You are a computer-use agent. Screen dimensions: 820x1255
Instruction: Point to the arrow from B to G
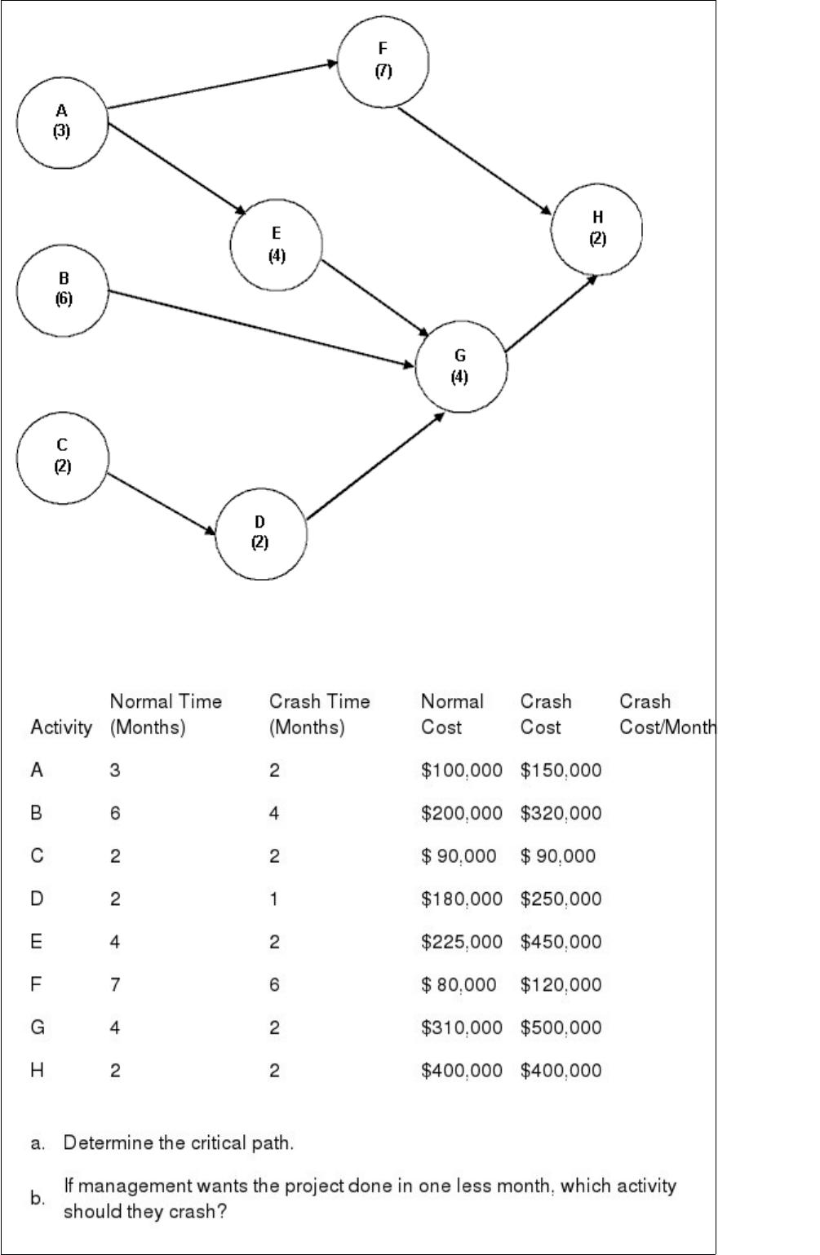pyautogui.click(x=260, y=329)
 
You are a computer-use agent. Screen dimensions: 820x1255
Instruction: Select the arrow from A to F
pyautogui.click(x=223, y=85)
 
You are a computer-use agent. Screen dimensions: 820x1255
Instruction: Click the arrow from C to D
pyautogui.click(x=162, y=504)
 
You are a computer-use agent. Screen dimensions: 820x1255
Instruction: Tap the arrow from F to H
pyautogui.click(x=474, y=161)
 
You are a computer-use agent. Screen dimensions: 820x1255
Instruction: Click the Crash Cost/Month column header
pyautogui.click(x=667, y=714)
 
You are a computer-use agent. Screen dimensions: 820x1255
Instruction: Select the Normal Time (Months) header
pyautogui.click(x=166, y=714)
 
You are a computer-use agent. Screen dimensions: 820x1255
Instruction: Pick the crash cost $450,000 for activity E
pyautogui.click(x=561, y=942)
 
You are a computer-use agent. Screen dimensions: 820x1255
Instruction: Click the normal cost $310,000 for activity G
pyautogui.click(x=461, y=1027)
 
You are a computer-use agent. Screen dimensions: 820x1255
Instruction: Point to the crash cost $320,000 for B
pyautogui.click(x=561, y=813)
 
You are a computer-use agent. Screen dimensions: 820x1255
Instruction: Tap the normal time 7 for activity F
pyautogui.click(x=115, y=984)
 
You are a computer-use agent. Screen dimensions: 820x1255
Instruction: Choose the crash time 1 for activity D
pyautogui.click(x=274, y=899)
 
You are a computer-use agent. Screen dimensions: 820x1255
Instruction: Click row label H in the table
pyautogui.click(x=37, y=1070)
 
